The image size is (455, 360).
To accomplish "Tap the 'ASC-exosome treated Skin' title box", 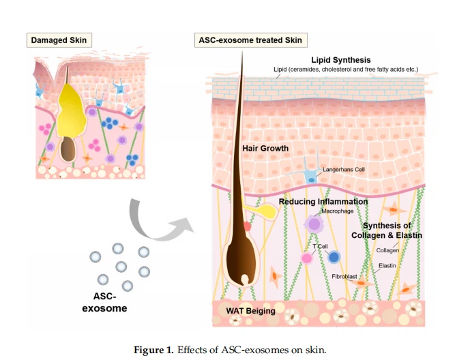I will click(250, 40).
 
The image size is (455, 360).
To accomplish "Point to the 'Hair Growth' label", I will click(266, 148).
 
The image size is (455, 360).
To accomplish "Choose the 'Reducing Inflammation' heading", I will click(323, 202).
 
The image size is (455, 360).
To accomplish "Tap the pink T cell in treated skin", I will click(307, 258).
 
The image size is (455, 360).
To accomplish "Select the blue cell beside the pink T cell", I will click(334, 257).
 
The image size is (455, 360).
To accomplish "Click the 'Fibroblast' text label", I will click(345, 277).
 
